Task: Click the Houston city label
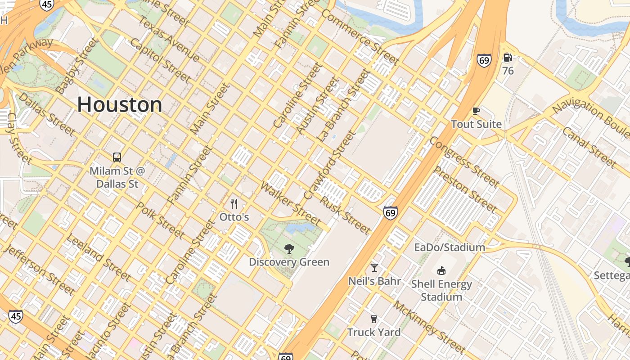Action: tap(120, 104)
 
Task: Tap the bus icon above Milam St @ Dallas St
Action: tap(117, 157)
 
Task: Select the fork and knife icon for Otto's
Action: tap(234, 204)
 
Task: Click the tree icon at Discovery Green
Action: tap(289, 248)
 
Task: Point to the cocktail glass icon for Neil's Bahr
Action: tap(374, 268)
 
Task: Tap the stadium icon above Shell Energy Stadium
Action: tap(441, 270)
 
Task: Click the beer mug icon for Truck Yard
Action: tap(373, 319)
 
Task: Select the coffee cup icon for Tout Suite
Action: tap(476, 111)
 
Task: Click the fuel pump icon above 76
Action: tap(508, 58)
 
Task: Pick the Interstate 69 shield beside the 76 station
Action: tap(484, 60)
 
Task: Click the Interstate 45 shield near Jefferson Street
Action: tap(16, 316)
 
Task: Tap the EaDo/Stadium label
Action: tap(450, 247)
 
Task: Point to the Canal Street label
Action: tap(589, 147)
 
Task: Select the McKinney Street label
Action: tap(428, 327)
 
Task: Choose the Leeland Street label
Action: tap(98, 257)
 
